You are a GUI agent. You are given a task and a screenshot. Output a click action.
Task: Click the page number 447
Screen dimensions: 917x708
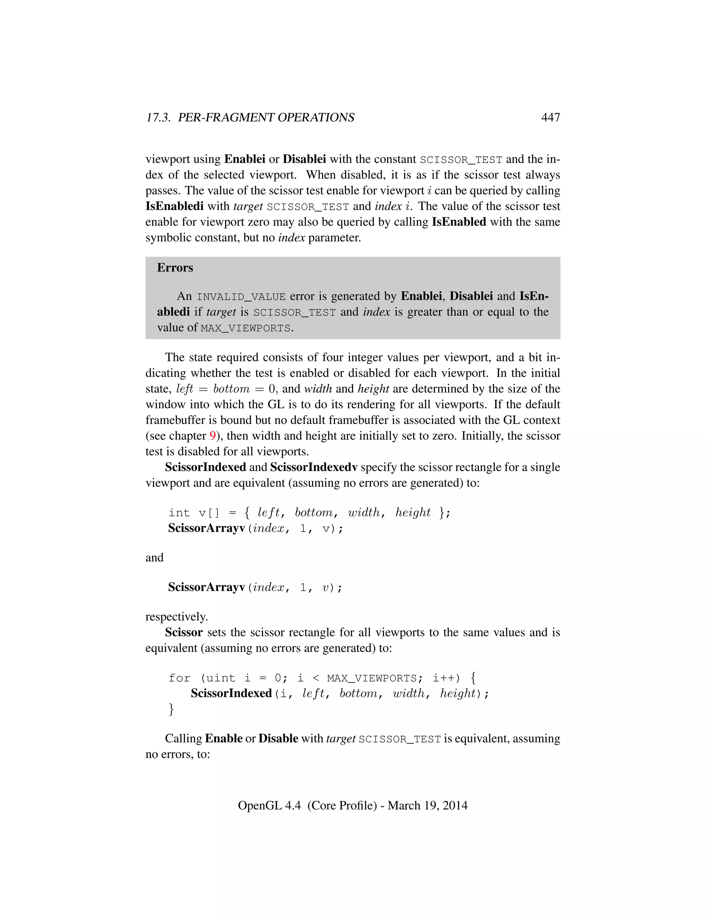(x=550, y=118)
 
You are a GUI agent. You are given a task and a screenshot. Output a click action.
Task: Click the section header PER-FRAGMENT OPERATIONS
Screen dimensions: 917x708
(x=266, y=118)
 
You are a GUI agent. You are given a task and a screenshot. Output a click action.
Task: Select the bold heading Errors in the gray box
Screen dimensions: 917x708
(x=175, y=268)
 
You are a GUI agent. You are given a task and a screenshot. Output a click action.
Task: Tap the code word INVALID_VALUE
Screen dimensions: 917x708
(x=241, y=297)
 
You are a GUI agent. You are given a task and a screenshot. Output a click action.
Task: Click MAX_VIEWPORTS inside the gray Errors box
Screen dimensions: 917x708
(x=245, y=328)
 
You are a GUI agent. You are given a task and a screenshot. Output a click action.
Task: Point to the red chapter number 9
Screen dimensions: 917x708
(x=212, y=436)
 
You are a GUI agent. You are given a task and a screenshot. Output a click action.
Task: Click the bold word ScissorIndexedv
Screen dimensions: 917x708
(x=314, y=467)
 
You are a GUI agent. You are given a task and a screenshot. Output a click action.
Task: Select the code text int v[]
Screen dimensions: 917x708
(x=194, y=513)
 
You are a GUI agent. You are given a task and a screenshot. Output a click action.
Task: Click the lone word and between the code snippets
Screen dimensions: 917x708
(x=154, y=557)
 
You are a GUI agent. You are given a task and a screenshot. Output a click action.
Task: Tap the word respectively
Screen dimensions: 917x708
(x=177, y=617)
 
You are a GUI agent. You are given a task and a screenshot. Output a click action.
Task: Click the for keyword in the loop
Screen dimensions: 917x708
(x=179, y=678)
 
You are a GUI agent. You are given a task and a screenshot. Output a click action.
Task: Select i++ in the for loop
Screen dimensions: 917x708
(x=446, y=678)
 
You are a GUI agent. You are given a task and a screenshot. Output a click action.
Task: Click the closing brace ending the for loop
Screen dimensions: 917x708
(x=171, y=709)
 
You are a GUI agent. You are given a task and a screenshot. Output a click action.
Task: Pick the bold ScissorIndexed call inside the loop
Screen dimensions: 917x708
(x=231, y=693)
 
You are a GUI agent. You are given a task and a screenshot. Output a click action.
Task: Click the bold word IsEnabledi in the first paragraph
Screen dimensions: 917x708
(x=175, y=206)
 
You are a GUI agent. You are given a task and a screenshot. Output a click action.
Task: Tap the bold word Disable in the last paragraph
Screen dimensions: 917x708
(x=278, y=738)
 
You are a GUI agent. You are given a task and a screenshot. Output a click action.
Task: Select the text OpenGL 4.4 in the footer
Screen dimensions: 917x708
(x=269, y=805)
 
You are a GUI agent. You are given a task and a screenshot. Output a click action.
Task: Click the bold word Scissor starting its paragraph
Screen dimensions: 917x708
(x=184, y=632)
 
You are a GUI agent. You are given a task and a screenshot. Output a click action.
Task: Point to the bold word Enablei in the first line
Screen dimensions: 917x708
(x=244, y=159)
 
